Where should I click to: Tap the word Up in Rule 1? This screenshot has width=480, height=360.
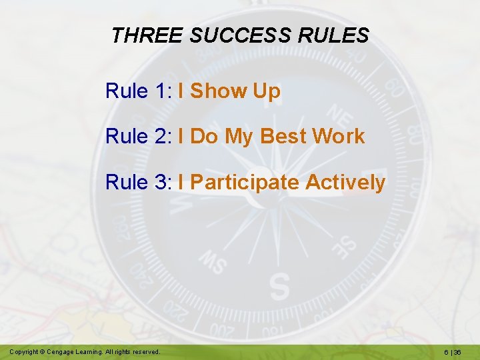pos(267,92)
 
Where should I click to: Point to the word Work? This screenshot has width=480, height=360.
pos(339,137)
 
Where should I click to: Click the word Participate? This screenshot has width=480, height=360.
pos(245,183)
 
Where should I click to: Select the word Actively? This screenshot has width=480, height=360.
pos(345,183)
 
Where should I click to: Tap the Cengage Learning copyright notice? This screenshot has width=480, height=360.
pos(85,351)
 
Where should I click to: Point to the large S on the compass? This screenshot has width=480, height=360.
pos(280,287)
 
